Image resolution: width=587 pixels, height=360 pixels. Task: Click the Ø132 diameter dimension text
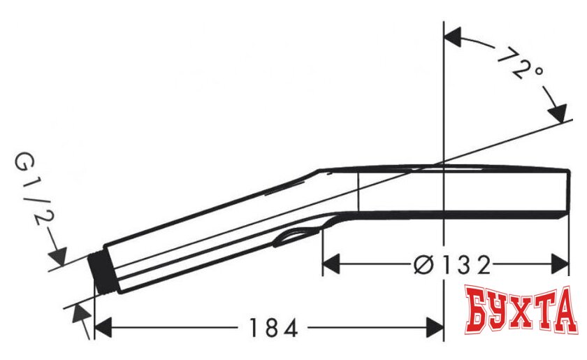pyautogui.click(x=452, y=265)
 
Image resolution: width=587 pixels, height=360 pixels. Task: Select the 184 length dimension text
pyautogui.click(x=273, y=328)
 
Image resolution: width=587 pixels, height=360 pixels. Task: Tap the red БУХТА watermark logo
pyautogui.click(x=521, y=310)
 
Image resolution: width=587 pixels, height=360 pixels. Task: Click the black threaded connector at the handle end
pyautogui.click(x=103, y=273)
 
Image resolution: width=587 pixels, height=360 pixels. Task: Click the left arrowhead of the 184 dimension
pyautogui.click(x=103, y=327)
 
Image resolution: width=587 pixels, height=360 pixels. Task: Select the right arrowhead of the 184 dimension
pyautogui.click(x=435, y=327)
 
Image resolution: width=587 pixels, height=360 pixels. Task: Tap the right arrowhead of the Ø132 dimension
pyautogui.click(x=560, y=264)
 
